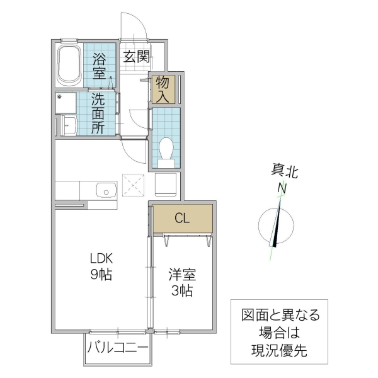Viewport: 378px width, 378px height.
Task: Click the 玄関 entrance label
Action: (x=135, y=57)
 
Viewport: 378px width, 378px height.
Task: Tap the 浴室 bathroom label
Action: (x=100, y=66)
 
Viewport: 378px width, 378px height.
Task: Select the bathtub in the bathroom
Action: (x=68, y=64)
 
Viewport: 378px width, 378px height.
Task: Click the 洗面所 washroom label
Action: (x=98, y=112)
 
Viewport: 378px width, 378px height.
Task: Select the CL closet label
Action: (x=182, y=219)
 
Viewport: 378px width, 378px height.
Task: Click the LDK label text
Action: (x=100, y=258)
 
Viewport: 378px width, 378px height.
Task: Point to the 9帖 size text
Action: (x=100, y=275)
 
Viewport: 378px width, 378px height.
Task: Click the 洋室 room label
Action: (x=181, y=275)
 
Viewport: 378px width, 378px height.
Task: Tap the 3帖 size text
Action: (x=181, y=290)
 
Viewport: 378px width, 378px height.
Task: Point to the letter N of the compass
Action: (x=282, y=188)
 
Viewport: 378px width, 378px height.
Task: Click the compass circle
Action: (x=276, y=224)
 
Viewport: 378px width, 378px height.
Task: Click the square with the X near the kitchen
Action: (x=133, y=185)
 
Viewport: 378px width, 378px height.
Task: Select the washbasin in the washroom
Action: (x=68, y=125)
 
